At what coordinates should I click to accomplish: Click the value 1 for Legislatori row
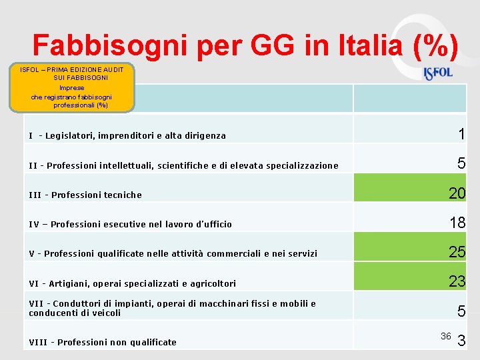click(461, 134)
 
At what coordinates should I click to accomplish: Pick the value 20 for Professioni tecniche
click(457, 193)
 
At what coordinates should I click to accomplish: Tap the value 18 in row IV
click(457, 223)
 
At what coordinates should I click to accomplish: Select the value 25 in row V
click(457, 252)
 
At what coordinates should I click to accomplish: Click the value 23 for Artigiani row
click(457, 281)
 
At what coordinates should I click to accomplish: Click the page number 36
click(446, 335)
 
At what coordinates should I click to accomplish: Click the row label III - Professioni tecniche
click(85, 195)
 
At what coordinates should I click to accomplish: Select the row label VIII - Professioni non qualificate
click(103, 342)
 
